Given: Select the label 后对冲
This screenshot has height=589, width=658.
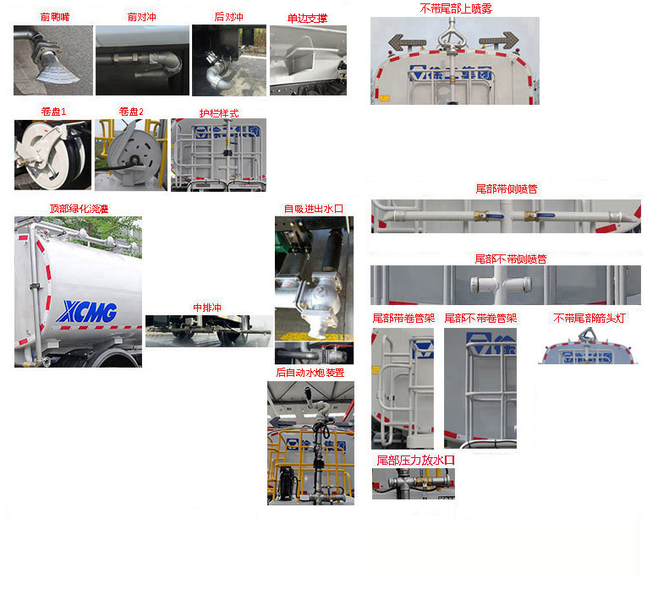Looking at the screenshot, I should tap(228, 16).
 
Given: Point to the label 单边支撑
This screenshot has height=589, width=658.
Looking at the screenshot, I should tap(307, 18).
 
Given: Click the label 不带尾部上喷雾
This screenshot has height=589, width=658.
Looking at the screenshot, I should tap(456, 8).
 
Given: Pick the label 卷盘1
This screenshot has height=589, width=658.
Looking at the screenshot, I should tap(53, 112).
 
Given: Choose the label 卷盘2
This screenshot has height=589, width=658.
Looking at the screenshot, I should tap(131, 112).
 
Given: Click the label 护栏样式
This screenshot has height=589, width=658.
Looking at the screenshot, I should tap(219, 113).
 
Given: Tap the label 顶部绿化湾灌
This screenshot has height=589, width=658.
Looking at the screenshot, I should tap(79, 209).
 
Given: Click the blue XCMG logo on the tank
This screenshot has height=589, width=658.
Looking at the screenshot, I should tap(88, 312).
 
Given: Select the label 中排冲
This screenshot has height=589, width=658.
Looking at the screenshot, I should tap(206, 308).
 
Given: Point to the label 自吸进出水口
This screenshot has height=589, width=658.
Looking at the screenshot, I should tap(314, 209).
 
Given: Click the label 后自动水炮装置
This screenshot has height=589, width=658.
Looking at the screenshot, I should tap(310, 373).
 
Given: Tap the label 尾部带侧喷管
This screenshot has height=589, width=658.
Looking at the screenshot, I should tap(507, 188).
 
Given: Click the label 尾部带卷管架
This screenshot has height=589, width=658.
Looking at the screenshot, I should tap(403, 319).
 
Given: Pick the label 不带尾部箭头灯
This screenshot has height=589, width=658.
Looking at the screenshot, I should tap(592, 319).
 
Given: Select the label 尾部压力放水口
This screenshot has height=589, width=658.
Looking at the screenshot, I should tap(415, 460).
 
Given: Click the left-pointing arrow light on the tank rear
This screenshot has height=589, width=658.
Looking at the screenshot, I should tap(403, 41).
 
